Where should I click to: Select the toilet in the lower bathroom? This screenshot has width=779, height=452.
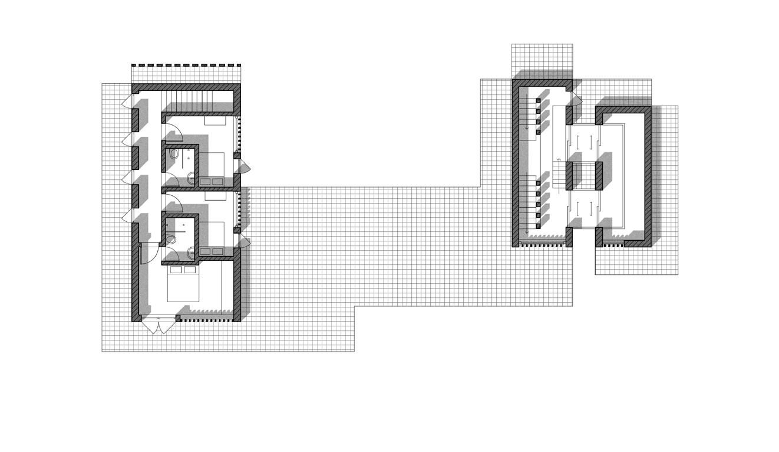pyautogui.click(x=171, y=240)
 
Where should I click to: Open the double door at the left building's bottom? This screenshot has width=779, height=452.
pyautogui.click(x=158, y=324)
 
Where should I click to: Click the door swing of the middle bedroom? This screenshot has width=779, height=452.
pyautogui.click(x=173, y=202)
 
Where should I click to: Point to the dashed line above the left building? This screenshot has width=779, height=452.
pyautogui.click(x=186, y=65)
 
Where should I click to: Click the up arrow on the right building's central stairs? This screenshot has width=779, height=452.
pyautogui.click(x=559, y=161)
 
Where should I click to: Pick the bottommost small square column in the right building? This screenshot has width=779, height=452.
pyautogui.click(x=538, y=225)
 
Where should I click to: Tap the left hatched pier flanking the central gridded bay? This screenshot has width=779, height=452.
pyautogui.click(x=569, y=175)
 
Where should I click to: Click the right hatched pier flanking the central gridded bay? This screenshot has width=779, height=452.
pyautogui.click(x=598, y=175)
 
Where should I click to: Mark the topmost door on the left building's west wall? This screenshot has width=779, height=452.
pyautogui.click(x=127, y=103)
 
